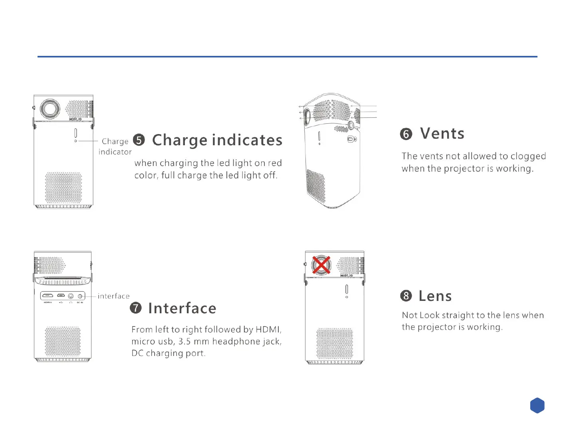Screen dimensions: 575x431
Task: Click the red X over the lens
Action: pos(321,265)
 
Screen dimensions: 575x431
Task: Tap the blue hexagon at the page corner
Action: pos(537,405)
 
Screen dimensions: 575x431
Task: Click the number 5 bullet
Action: pos(139,140)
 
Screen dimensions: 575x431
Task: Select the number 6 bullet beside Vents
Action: pos(406,134)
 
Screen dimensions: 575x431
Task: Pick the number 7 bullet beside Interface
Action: pos(136,308)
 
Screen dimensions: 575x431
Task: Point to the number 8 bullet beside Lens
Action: pos(406,296)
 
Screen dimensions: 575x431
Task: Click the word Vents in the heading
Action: pos(442,133)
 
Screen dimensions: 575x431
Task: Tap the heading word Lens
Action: pos(435,296)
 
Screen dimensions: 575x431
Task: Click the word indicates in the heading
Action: pos(247,140)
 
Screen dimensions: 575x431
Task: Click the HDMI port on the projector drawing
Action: pos(48,296)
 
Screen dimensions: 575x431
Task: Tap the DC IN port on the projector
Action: pos(80,296)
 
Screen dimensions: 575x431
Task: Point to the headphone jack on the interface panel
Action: pos(71,296)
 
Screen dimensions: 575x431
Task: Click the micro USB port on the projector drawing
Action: pos(61,296)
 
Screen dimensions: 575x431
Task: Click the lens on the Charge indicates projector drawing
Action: pos(50,109)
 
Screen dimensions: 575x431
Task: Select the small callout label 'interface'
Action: pos(113,296)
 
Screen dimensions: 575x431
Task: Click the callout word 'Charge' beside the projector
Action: pos(115,141)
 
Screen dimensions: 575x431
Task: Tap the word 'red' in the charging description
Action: pos(274,163)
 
